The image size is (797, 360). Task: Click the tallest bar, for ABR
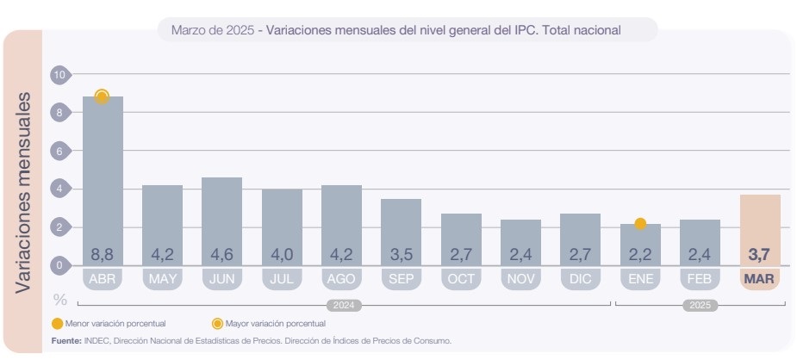103,172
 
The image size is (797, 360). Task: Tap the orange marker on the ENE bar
640,224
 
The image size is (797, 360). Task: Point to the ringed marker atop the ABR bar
102,96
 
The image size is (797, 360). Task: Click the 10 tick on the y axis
59,75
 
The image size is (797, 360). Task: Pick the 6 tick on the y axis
59,152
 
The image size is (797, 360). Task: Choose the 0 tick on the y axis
59,265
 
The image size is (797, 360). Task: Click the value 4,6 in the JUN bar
221,255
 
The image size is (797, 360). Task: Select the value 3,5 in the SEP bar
401,255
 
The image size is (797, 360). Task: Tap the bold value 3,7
760,255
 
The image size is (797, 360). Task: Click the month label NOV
520,279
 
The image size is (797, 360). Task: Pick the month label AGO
341,279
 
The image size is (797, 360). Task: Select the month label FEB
700,279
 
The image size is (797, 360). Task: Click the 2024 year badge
343,305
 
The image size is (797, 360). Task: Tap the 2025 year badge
700,305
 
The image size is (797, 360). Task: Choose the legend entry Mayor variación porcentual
275,324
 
